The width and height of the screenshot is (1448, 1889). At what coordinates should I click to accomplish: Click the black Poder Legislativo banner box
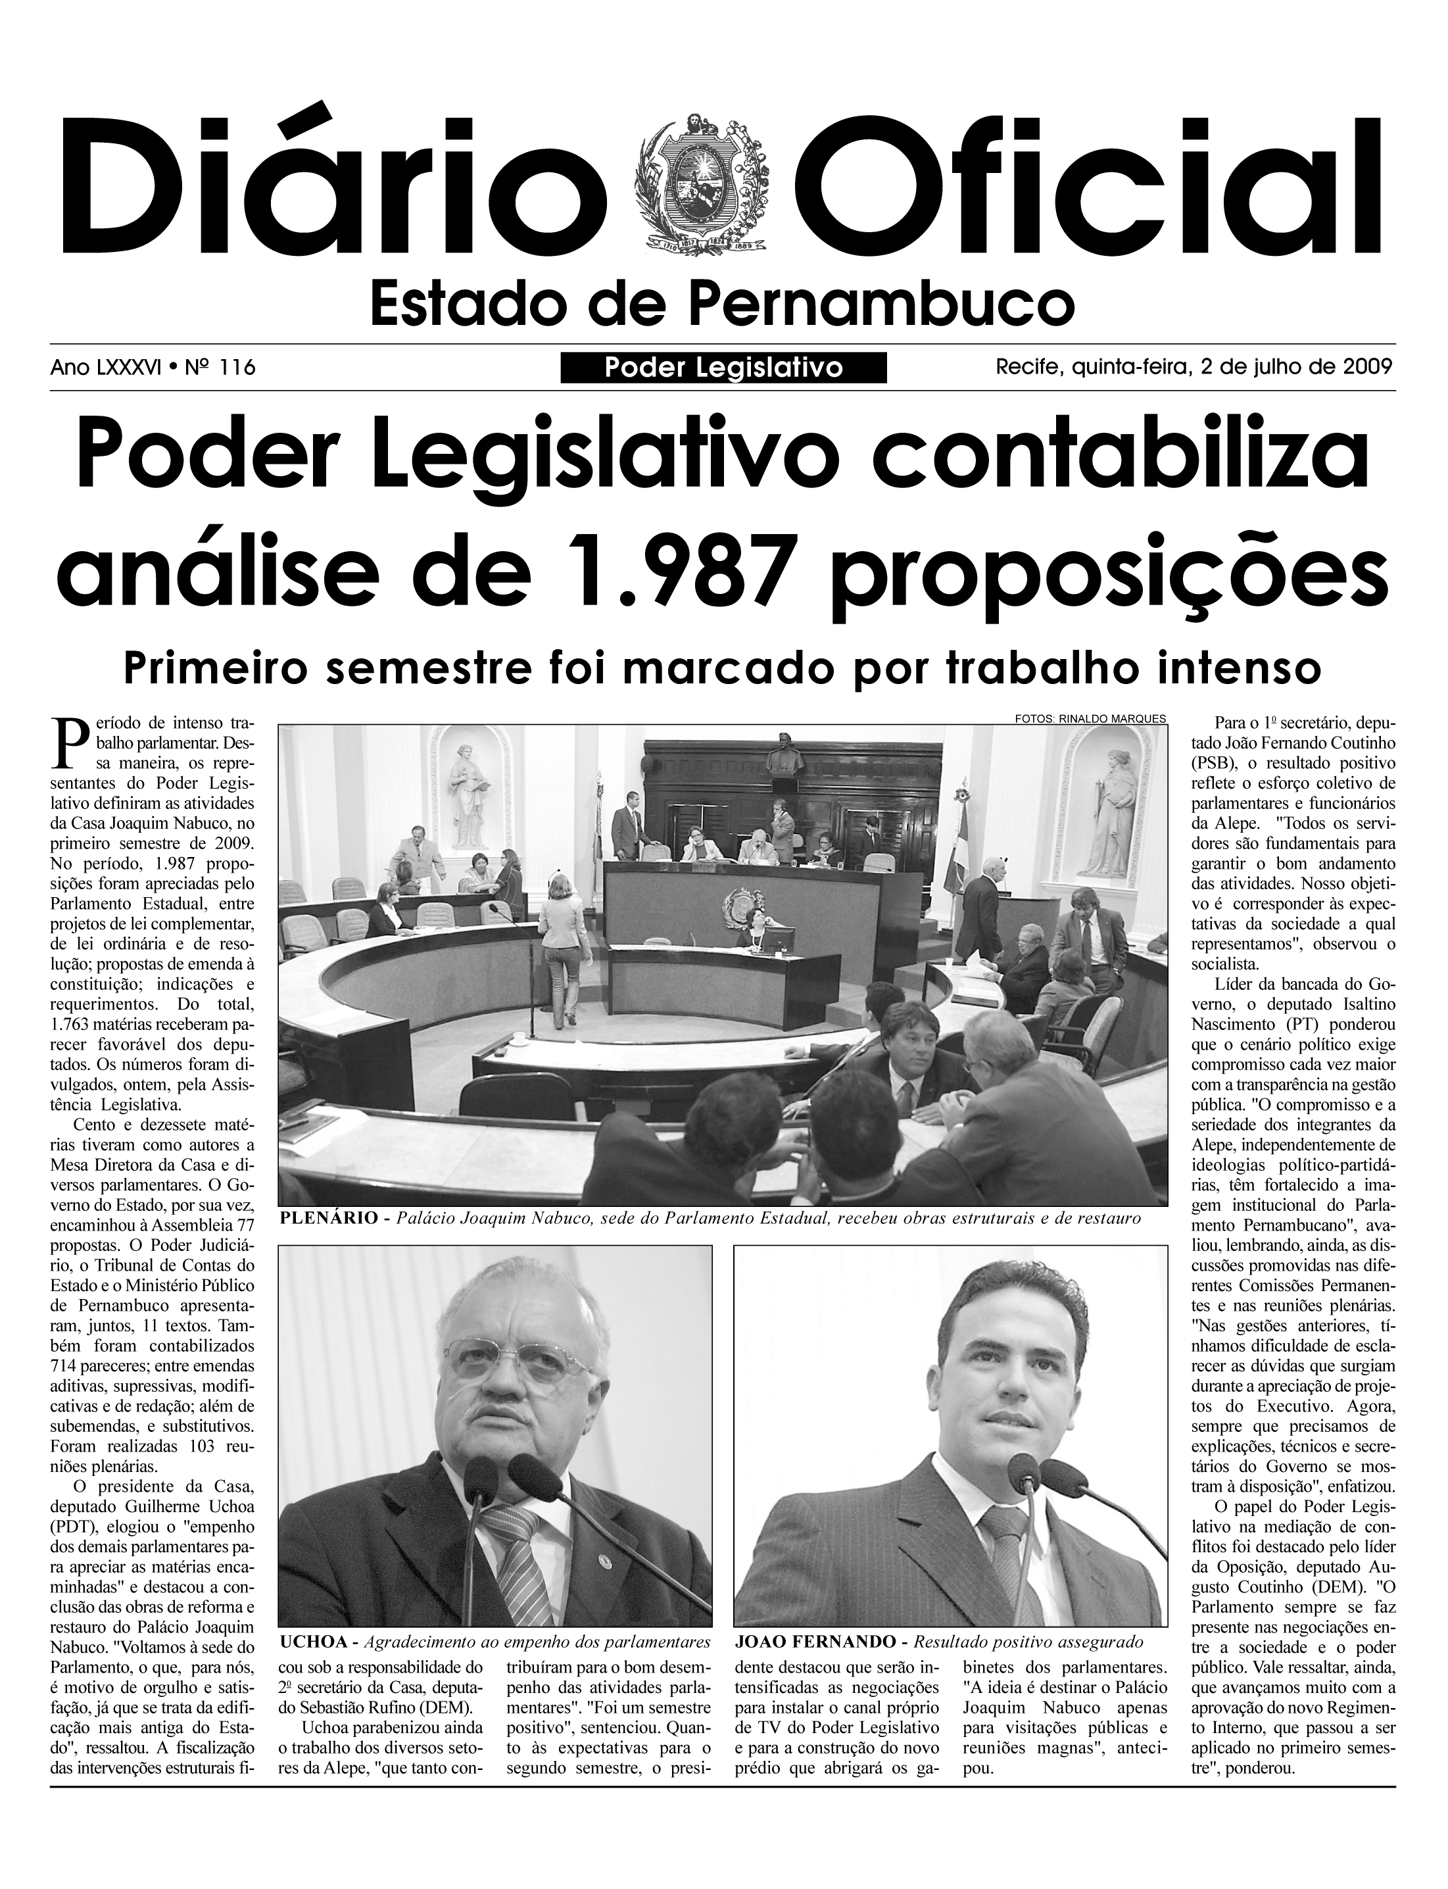pyautogui.click(x=723, y=368)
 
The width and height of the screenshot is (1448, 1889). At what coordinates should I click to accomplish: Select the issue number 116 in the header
pyautogui.click(x=238, y=368)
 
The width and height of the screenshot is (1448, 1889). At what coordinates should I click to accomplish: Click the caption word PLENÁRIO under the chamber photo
pyautogui.click(x=328, y=1218)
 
